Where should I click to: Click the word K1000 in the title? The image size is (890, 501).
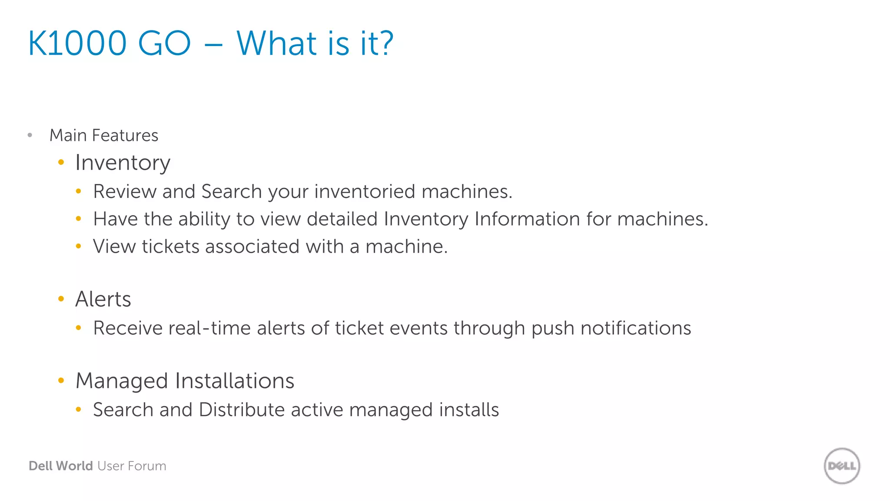(77, 43)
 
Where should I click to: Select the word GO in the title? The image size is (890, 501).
(164, 43)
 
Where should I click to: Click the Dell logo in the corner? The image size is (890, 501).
(842, 466)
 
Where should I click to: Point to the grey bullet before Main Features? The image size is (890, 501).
(30, 135)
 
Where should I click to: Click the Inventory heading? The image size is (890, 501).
(123, 163)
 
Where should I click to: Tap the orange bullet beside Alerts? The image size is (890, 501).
(61, 299)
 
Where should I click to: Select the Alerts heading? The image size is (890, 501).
(103, 299)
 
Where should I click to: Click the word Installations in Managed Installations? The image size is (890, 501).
(235, 381)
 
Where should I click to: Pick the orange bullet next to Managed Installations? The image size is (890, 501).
(61, 381)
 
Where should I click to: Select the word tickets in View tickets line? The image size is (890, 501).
(170, 247)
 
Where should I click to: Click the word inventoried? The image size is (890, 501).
(365, 192)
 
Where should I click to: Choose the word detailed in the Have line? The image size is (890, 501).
(342, 219)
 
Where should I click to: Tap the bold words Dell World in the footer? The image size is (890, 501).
(61, 466)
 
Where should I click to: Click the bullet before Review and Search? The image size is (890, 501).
(78, 191)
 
